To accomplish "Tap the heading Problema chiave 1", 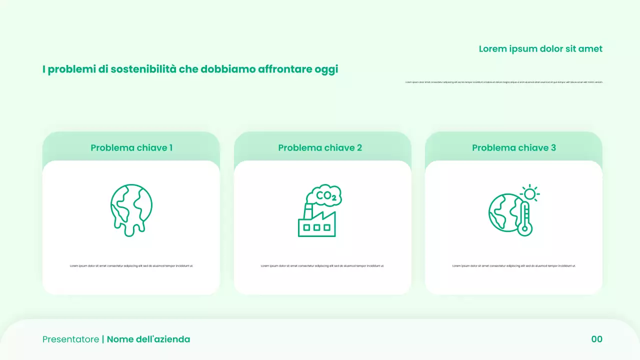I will (131, 148).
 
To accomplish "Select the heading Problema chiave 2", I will (320, 148).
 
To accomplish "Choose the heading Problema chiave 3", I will (514, 148).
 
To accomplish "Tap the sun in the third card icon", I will (530, 193).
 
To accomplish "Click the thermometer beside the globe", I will (524, 218).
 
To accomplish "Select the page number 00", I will (597, 339).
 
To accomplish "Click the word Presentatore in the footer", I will (70, 339).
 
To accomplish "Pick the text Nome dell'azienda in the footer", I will (148, 339).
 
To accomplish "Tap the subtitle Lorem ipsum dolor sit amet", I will (540, 49).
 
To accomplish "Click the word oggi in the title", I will (326, 70).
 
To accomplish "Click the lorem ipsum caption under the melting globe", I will (131, 266).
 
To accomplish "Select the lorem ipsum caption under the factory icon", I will (322, 266).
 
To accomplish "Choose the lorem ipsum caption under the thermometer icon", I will (514, 266).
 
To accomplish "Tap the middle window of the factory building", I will (317, 227).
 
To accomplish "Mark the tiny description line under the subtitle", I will (504, 82).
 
